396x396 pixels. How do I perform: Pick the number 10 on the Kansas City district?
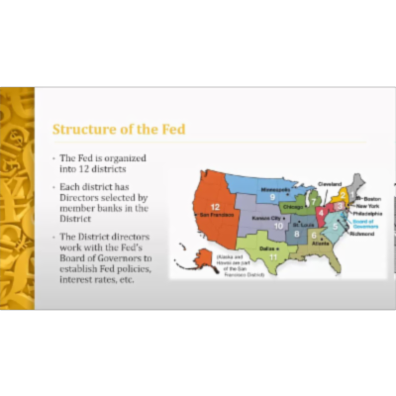[x=278, y=225]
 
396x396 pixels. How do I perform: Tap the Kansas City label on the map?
[x=266, y=216]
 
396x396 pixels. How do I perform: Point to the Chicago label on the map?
[x=292, y=207]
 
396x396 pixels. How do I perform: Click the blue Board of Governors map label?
[x=364, y=222]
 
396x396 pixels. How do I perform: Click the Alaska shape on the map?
[x=186, y=262]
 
